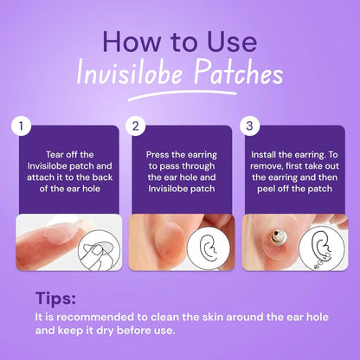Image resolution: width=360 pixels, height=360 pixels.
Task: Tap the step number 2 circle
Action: click(136, 127)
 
